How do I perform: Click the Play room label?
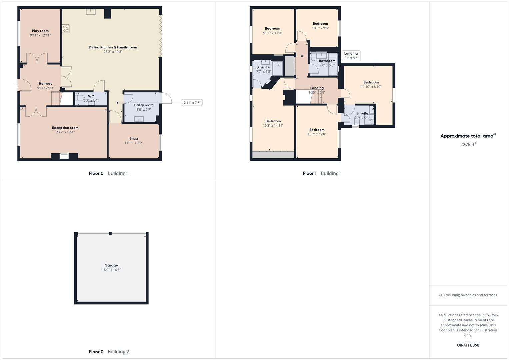pos(40,31)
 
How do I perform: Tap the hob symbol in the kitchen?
pos(66,29)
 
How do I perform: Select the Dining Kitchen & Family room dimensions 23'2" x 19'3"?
pos(113,52)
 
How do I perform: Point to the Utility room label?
pos(144,105)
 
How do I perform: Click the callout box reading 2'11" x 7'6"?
pos(192,103)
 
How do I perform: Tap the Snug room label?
pos(134,138)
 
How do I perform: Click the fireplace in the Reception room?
pos(64,156)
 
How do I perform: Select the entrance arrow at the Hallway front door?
pos(17,85)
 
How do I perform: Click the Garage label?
pos(111,265)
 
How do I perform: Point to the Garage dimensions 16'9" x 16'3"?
pos(111,270)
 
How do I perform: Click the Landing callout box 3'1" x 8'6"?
pos(351,56)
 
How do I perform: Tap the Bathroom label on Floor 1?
pos(327,61)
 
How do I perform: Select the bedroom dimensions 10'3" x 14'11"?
pos(273,126)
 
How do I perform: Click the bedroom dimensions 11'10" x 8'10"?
pos(371,87)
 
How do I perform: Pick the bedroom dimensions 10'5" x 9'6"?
pos(320,28)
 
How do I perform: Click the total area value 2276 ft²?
pos(468,144)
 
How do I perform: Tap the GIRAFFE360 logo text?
pos(468,345)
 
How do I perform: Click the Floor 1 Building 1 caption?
pos(322,173)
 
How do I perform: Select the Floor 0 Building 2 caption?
pos(109,352)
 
